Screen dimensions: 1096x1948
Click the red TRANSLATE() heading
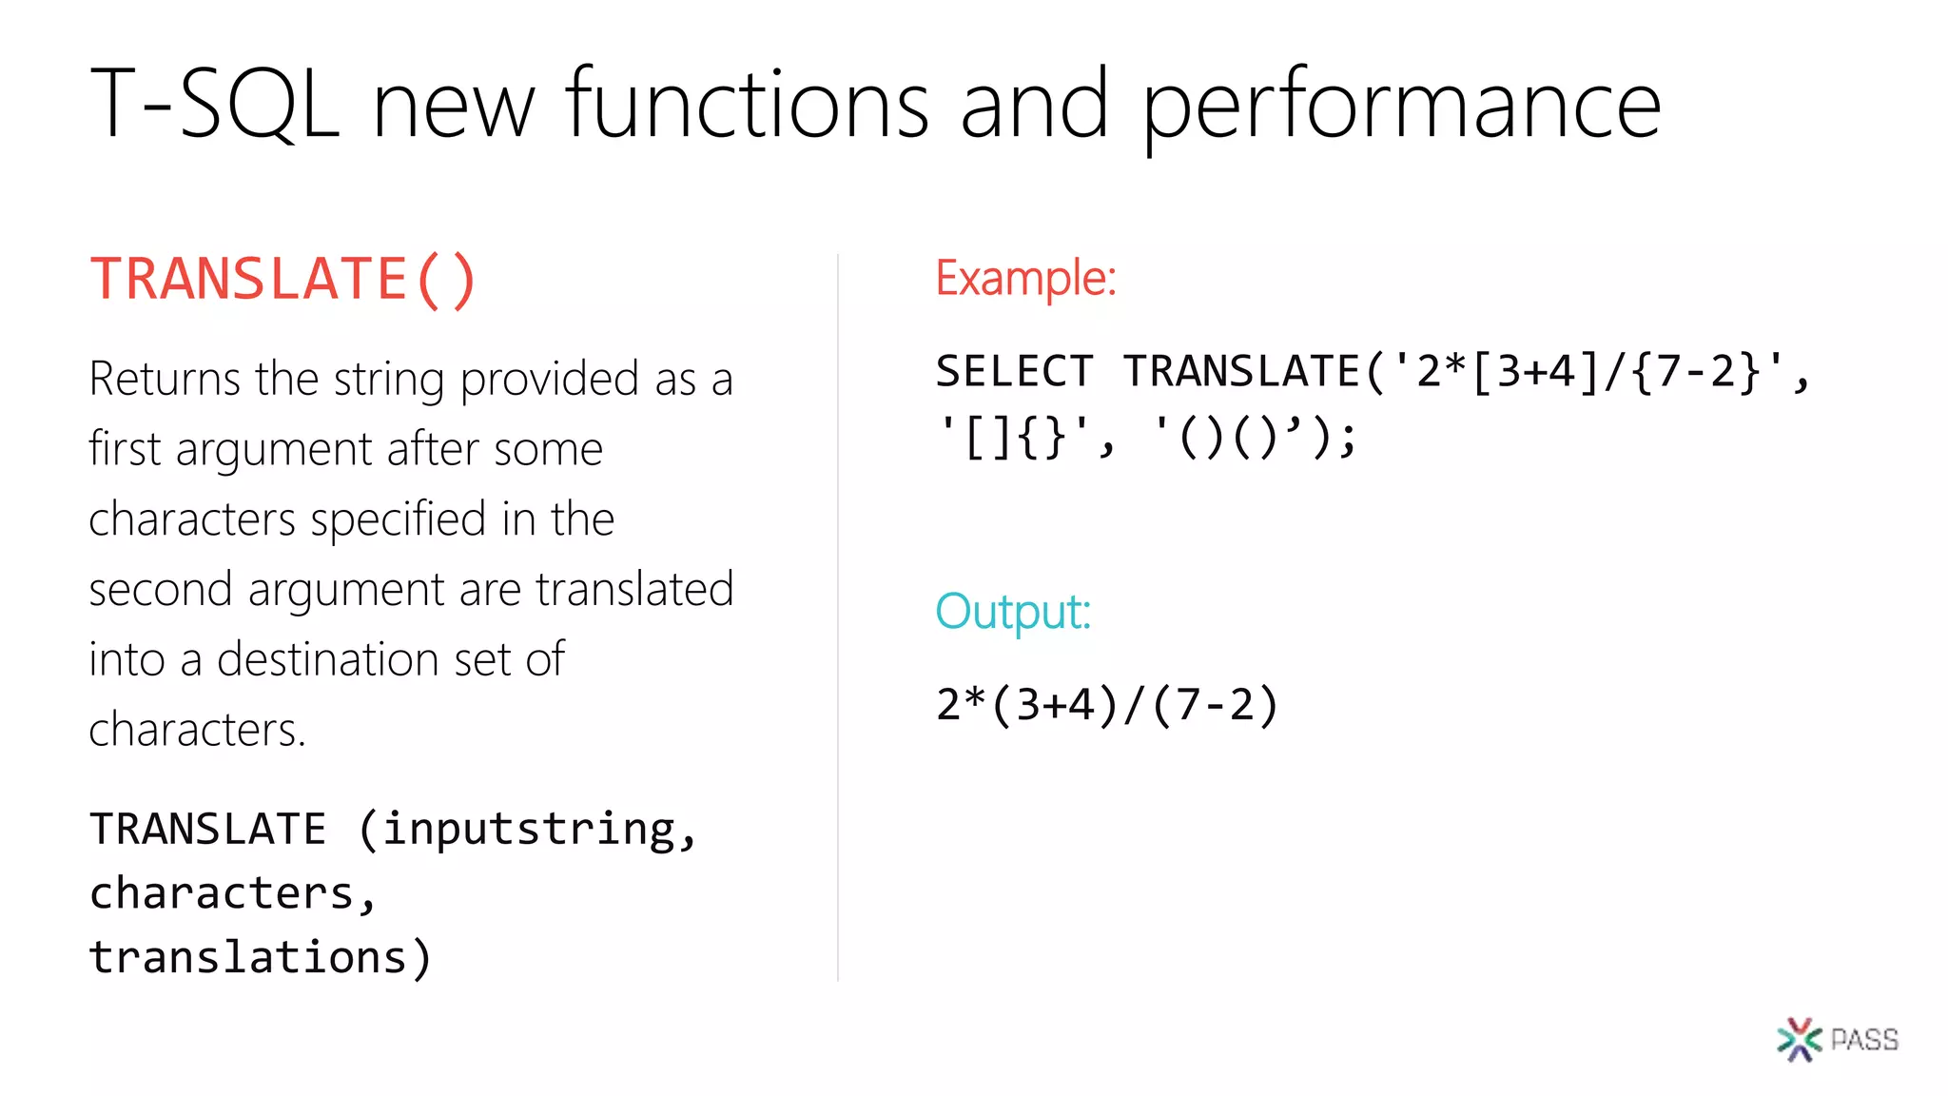[282, 280]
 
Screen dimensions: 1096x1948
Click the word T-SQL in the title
[215, 104]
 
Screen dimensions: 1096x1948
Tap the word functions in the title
[747, 104]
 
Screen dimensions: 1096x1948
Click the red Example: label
[1025, 279]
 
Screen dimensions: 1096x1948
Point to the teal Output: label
[1012, 612]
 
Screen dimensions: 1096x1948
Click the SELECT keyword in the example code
[1014, 371]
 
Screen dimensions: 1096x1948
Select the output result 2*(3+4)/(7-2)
[1107, 705]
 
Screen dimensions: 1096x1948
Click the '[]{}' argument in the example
[1014, 439]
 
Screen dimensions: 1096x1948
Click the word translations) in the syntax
[260, 957]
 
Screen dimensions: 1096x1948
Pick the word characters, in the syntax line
[233, 893]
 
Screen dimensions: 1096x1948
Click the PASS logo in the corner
[1837, 1039]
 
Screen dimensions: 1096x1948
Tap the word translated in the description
[634, 589]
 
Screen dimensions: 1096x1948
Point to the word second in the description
[161, 589]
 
